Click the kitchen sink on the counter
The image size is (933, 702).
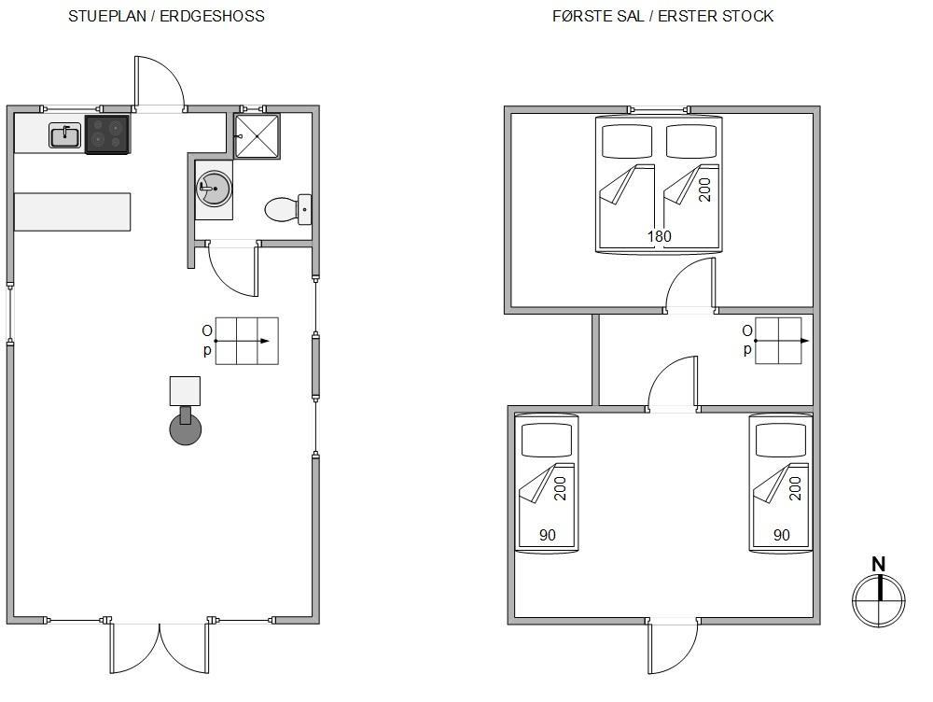pyautogui.click(x=65, y=135)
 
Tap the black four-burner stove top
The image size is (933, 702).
pyautogui.click(x=107, y=134)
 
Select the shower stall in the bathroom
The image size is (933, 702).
pyautogui.click(x=257, y=136)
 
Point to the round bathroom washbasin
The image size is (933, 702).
pyautogui.click(x=214, y=189)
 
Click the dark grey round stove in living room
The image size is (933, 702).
pyautogui.click(x=185, y=429)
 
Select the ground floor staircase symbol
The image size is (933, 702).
pyautogui.click(x=246, y=341)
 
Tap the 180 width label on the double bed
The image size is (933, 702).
pyautogui.click(x=660, y=236)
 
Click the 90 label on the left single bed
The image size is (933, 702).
pyautogui.click(x=548, y=535)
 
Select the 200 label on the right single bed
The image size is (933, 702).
pyautogui.click(x=795, y=488)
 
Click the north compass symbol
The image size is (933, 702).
pyautogui.click(x=878, y=599)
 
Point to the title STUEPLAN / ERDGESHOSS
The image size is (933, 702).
pyautogui.click(x=167, y=16)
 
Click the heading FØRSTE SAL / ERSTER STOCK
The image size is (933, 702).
pyautogui.click(x=662, y=16)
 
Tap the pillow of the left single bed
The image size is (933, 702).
pyautogui.click(x=546, y=440)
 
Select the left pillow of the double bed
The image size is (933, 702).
pyautogui.click(x=627, y=141)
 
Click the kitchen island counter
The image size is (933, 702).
pyautogui.click(x=72, y=211)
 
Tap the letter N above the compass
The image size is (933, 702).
pyautogui.click(x=878, y=564)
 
